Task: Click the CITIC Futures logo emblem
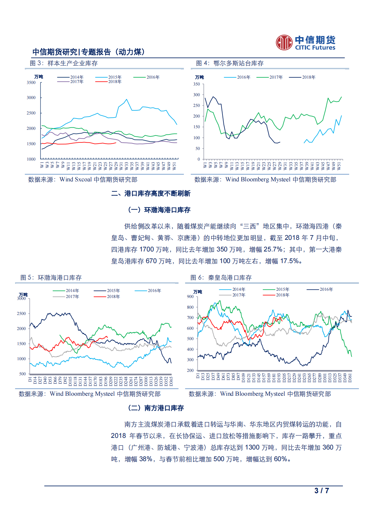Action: (284, 42)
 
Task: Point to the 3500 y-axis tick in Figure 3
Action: (31, 83)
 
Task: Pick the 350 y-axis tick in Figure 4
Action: (196, 84)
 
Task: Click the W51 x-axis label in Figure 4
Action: (339, 166)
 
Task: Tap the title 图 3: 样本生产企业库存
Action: (63, 63)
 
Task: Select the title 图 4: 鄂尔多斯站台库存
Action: (230, 63)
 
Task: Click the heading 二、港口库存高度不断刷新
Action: (151, 193)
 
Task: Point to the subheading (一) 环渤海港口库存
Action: (159, 210)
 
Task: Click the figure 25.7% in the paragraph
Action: (273, 250)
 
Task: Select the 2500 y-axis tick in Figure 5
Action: (21, 313)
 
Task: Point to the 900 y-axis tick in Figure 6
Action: (190, 296)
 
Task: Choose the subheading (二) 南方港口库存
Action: (156, 408)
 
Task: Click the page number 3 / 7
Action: (322, 491)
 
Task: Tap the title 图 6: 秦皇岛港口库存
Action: (221, 278)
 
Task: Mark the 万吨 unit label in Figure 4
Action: (199, 77)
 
